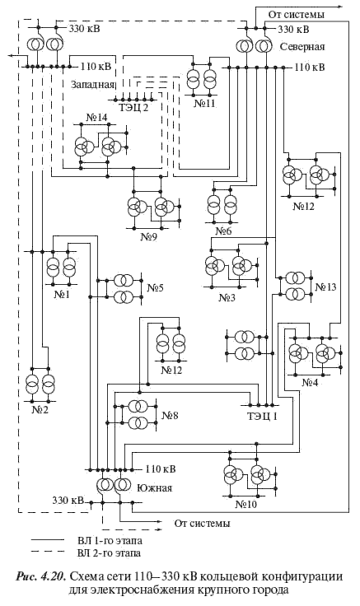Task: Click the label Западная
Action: [x=93, y=85]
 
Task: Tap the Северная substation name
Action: [x=302, y=47]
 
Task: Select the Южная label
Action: [x=155, y=487]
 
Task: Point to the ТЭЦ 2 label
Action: [x=133, y=107]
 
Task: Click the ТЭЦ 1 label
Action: [x=262, y=417]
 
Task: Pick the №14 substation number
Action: [x=96, y=118]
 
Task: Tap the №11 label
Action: [x=204, y=103]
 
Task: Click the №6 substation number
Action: [x=223, y=231]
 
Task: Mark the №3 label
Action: [x=227, y=297]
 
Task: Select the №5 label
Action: [x=156, y=287]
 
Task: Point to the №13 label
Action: [x=325, y=287]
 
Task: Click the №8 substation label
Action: [x=170, y=416]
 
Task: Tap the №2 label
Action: [x=40, y=409]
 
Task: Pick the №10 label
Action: [x=246, y=505]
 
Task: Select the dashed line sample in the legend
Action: [x=48, y=552]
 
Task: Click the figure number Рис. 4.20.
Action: [x=41, y=577]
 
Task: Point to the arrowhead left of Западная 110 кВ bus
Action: [x=12, y=56]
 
